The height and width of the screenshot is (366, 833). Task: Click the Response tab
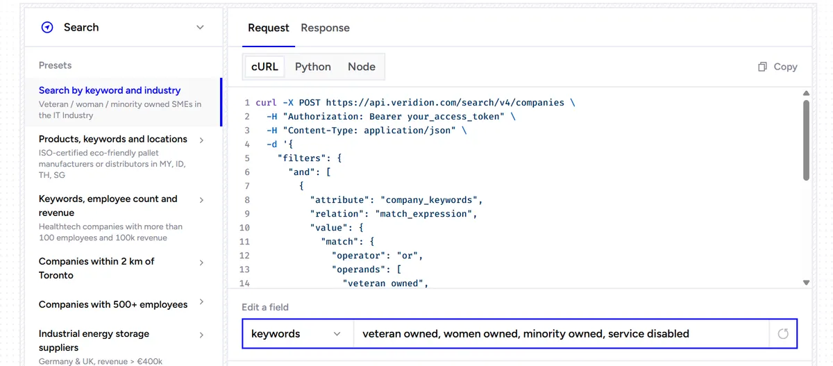tap(325, 28)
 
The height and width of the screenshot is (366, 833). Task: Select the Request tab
tap(268, 28)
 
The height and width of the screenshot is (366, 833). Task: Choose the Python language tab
tap(313, 67)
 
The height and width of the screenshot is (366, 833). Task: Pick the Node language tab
tap(362, 67)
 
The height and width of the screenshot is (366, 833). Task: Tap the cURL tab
tap(264, 67)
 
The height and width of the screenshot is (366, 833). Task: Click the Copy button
tap(777, 67)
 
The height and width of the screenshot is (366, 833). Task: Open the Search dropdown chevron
tap(200, 28)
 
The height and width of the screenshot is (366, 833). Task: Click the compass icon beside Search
tap(47, 27)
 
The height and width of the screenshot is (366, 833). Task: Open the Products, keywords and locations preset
tap(121, 156)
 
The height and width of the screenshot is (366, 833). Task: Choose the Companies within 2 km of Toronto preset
tap(121, 268)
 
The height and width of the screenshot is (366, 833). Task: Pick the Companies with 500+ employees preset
tap(121, 304)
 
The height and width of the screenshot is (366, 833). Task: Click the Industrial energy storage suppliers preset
tap(121, 347)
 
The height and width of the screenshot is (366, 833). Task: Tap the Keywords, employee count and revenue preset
tap(121, 217)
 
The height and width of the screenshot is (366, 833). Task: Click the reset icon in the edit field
tap(783, 333)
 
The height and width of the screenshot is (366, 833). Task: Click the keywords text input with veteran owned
tap(562, 333)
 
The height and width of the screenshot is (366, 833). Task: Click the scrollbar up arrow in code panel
tap(806, 93)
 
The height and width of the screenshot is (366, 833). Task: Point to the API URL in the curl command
tap(445, 103)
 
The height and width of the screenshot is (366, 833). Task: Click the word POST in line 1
tap(310, 103)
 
